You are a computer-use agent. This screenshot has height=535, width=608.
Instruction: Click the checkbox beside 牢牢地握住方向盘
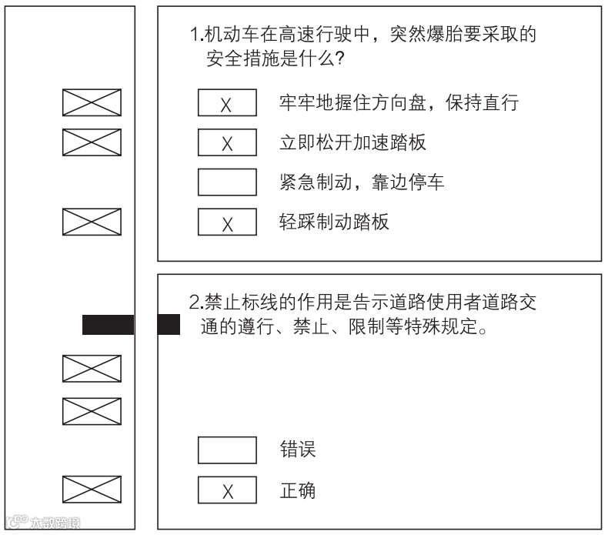[x=227, y=102]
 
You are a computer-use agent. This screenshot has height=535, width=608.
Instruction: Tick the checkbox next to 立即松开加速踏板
[x=227, y=142]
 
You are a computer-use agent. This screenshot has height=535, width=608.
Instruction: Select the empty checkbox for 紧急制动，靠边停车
[x=227, y=182]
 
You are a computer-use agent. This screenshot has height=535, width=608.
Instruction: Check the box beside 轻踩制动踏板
[x=227, y=222]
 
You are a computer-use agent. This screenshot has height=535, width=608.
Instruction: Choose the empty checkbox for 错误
[x=227, y=450]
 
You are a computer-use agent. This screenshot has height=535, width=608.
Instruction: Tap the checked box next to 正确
[x=227, y=490]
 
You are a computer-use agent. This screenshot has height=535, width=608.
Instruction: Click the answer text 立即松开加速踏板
[x=352, y=142]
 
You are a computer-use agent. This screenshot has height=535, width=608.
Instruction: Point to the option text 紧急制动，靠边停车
[x=361, y=182]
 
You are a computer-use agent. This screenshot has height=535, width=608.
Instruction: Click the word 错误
[x=296, y=450]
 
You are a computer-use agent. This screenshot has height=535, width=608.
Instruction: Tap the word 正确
[x=296, y=490]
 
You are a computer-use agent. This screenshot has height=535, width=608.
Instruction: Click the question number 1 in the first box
[x=195, y=35]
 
